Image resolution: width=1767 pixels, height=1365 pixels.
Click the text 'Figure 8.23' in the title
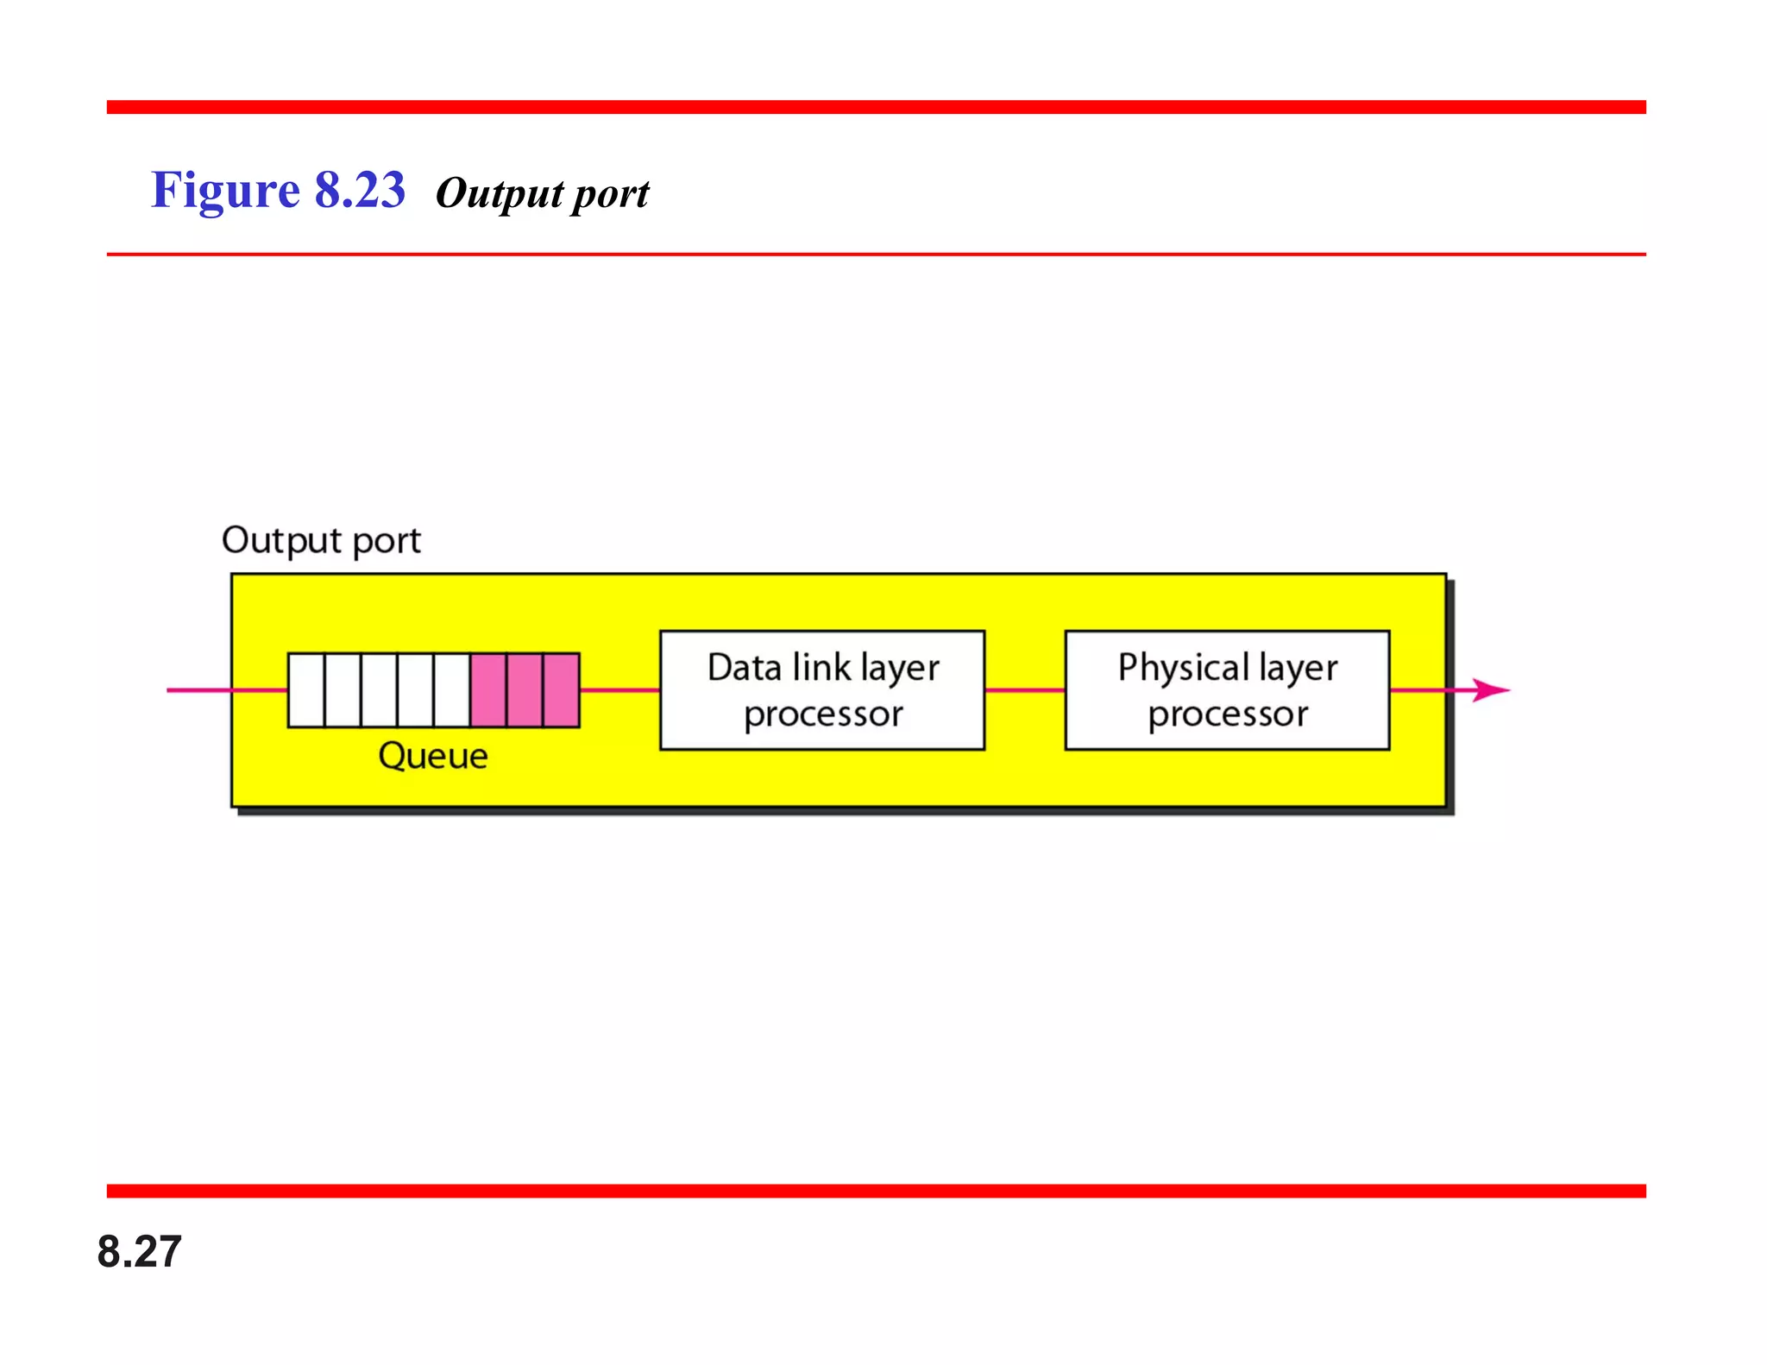click(278, 191)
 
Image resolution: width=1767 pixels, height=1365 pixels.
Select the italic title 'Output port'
click(542, 194)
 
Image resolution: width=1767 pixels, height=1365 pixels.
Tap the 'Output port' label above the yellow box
click(321, 541)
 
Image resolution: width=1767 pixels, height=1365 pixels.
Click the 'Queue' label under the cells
click(433, 757)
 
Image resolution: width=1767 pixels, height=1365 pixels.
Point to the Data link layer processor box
click(821, 690)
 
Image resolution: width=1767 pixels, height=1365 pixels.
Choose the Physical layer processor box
click(1227, 690)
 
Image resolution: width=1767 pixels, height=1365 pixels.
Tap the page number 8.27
click(139, 1251)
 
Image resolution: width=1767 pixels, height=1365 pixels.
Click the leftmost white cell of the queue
click(306, 690)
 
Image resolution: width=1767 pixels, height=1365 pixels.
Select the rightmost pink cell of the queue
click(561, 690)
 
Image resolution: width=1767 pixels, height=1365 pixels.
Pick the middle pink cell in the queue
click(525, 690)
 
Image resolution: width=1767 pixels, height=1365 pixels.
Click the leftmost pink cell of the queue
click(488, 690)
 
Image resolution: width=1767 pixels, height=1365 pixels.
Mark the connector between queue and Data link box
click(619, 690)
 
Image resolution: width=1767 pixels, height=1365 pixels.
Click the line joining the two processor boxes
click(1025, 690)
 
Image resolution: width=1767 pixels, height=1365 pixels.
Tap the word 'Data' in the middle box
click(744, 668)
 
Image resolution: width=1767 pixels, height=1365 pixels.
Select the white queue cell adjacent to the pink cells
click(452, 690)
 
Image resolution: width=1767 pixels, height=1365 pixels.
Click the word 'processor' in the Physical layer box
click(1227, 714)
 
